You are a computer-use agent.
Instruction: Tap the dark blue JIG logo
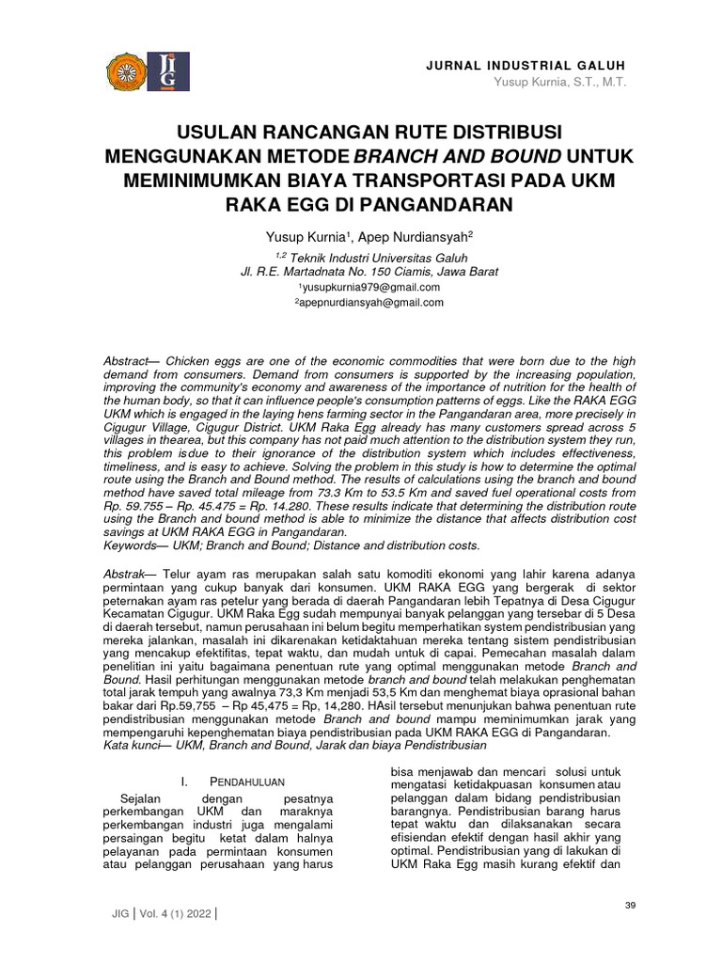point(169,72)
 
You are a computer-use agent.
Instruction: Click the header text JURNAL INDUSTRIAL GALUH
point(526,65)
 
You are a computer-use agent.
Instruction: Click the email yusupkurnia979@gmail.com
point(369,287)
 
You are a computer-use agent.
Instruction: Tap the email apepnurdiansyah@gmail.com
point(369,303)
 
